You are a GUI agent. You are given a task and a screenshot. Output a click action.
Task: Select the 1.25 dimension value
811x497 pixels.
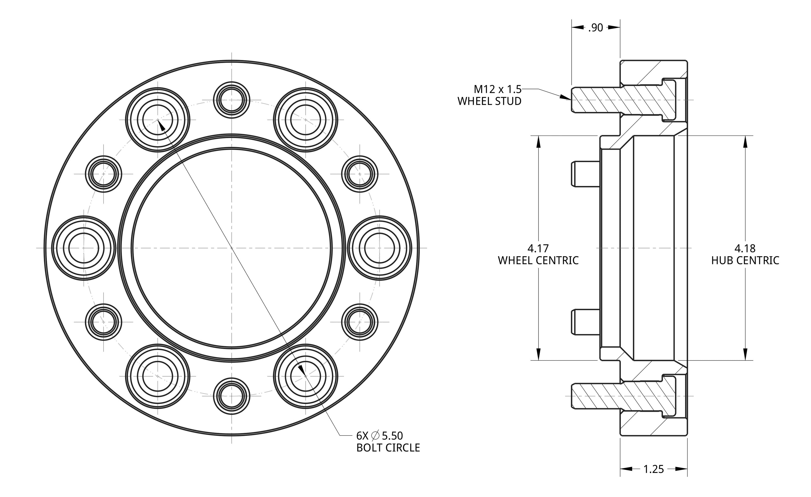pyautogui.click(x=653, y=469)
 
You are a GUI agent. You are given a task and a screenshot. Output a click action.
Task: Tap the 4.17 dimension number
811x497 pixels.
pyautogui.click(x=538, y=248)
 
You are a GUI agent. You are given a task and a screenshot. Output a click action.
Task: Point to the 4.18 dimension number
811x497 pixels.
pyautogui.click(x=745, y=248)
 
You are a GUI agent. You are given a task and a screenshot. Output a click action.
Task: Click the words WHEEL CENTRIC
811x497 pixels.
pyautogui.click(x=538, y=261)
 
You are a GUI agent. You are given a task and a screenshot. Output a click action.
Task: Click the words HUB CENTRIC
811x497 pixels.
pyautogui.click(x=745, y=261)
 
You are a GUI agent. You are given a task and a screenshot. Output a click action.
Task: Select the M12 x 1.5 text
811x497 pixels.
pyautogui.click(x=497, y=89)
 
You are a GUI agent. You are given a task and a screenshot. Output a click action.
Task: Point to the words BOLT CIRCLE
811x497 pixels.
pyautogui.click(x=388, y=448)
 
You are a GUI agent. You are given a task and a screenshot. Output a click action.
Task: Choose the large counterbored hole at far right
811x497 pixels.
pyautogui.click(x=379, y=248)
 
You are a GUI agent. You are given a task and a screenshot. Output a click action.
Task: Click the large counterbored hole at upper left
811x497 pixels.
pyautogui.click(x=158, y=120)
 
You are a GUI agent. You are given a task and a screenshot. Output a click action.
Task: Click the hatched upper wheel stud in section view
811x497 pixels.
pyautogui.click(x=622, y=100)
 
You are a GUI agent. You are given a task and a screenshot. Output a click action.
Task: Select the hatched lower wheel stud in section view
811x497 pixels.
pyautogui.click(x=622, y=396)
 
